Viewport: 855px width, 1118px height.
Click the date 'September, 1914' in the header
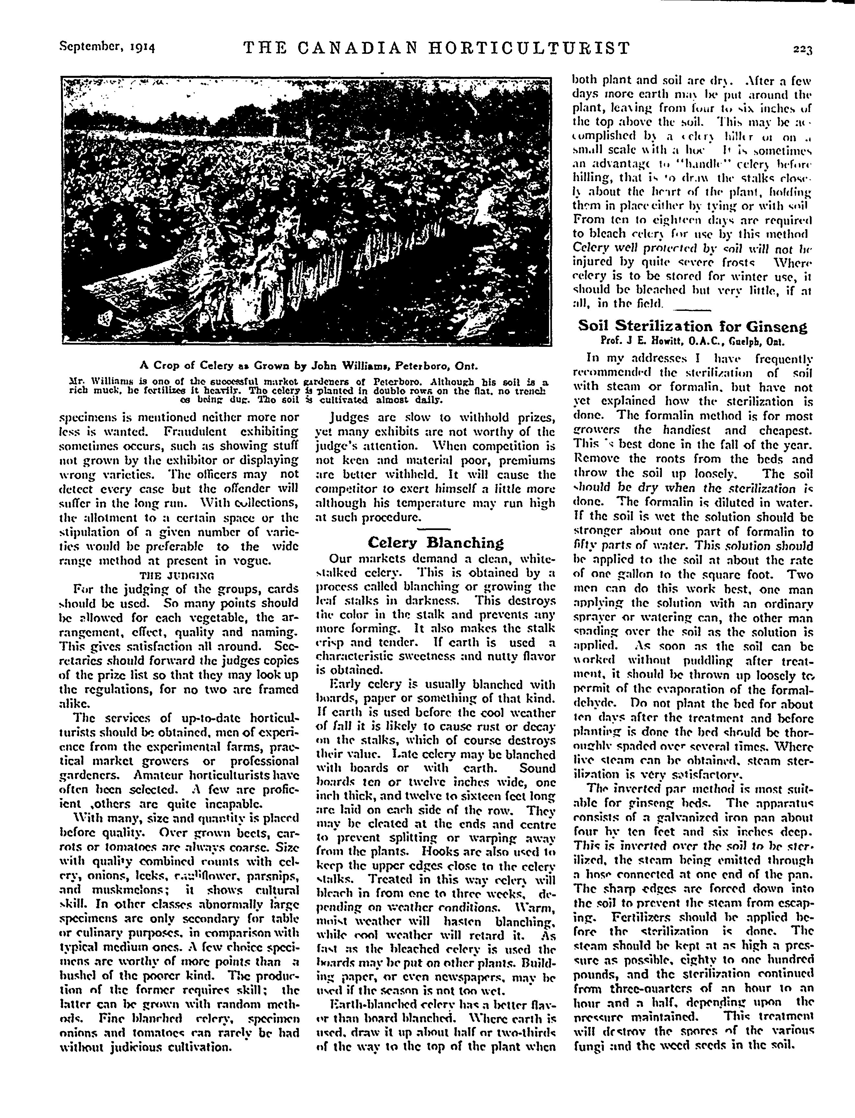pyautogui.click(x=107, y=48)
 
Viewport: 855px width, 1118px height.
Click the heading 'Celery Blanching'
pyautogui.click(x=435, y=542)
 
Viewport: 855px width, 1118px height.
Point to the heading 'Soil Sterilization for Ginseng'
pyautogui.click(x=693, y=326)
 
